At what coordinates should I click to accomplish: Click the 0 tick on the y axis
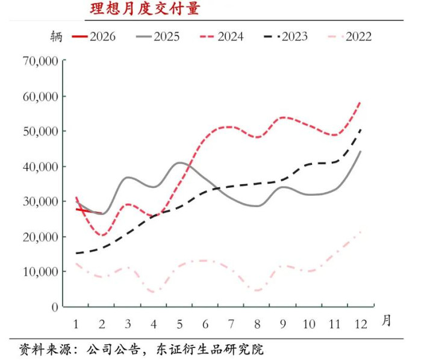pyautogui.click(x=54, y=306)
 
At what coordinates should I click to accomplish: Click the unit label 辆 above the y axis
pyautogui.click(x=56, y=36)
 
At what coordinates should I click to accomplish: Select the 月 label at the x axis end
pyautogui.click(x=386, y=321)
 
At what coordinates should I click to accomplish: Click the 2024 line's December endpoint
pyautogui.click(x=360, y=102)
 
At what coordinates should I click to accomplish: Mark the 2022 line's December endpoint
pyautogui.click(x=360, y=232)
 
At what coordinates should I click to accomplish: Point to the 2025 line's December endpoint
pyautogui.click(x=360, y=151)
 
